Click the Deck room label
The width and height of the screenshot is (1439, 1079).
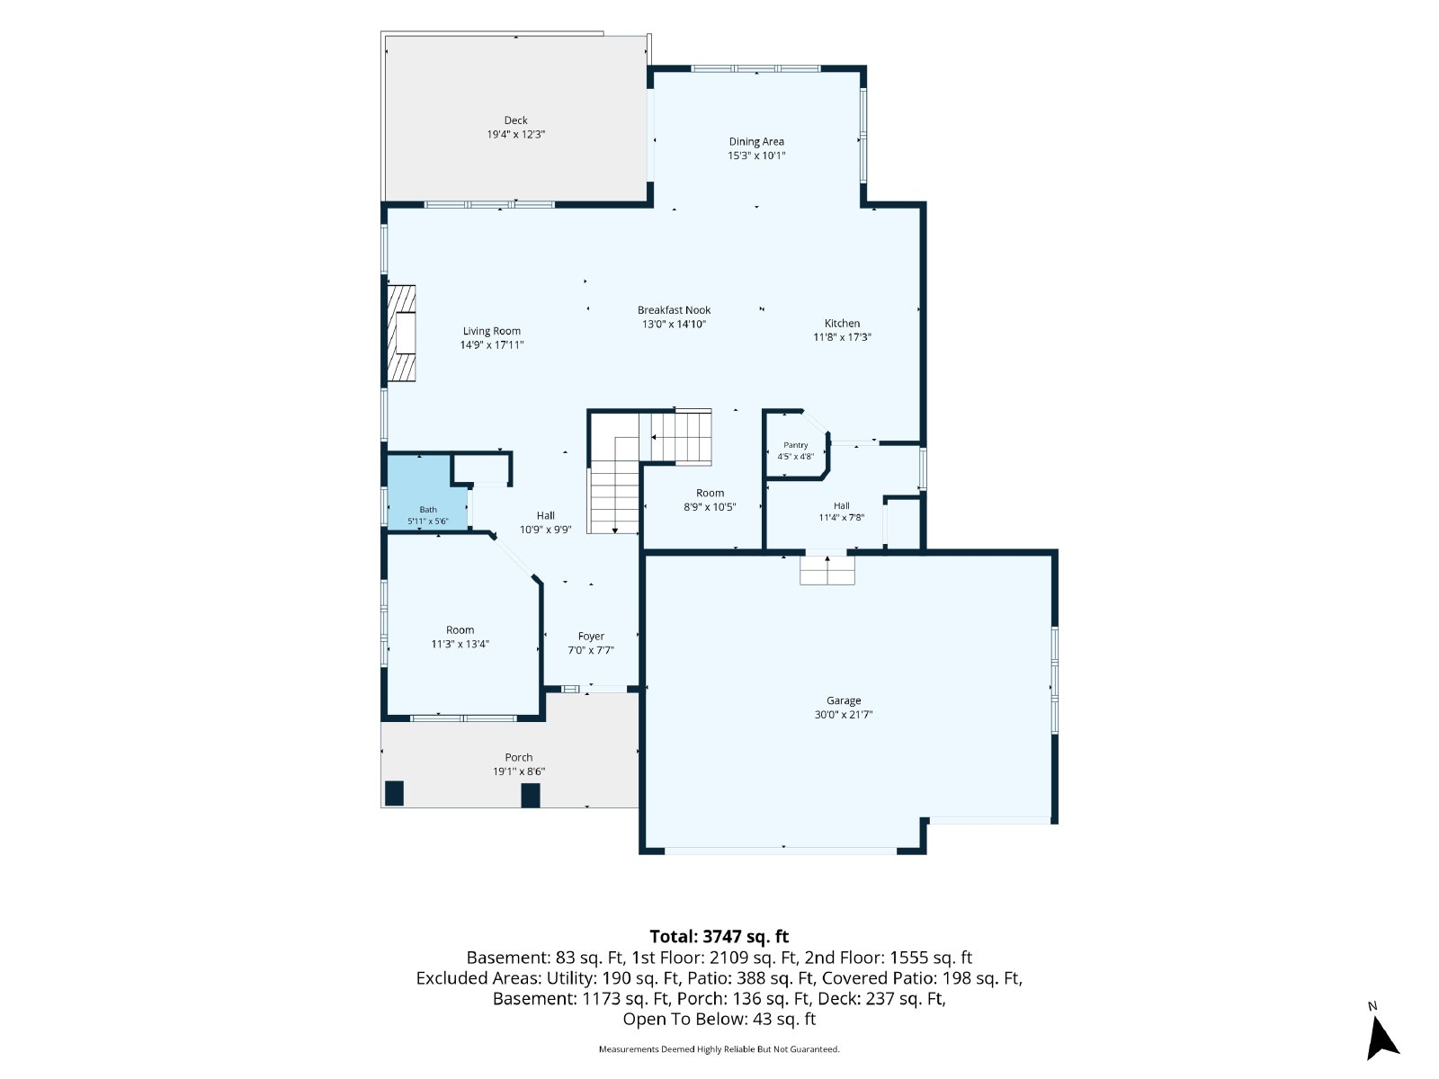tap(515, 120)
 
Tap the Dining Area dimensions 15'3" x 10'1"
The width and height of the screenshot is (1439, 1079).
tap(755, 156)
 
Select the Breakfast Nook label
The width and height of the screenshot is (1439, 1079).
tap(674, 310)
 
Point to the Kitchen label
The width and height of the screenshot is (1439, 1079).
tap(842, 323)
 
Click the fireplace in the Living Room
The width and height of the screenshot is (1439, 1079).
tap(400, 333)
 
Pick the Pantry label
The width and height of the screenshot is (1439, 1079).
tap(795, 445)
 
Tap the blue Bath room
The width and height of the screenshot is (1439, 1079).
tap(427, 492)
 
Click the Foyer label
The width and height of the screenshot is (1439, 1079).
tap(591, 636)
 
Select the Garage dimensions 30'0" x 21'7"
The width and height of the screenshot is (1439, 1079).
tap(843, 715)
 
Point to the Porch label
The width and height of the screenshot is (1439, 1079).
tap(518, 757)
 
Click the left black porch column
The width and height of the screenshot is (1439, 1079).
tap(394, 793)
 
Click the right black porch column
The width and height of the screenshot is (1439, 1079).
tap(531, 796)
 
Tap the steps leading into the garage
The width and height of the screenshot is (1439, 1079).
tap(827, 570)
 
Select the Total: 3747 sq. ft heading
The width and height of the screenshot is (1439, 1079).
tap(719, 936)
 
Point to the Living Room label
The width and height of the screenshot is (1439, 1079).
tap(492, 331)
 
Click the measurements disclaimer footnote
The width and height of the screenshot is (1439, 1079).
tap(719, 1048)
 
